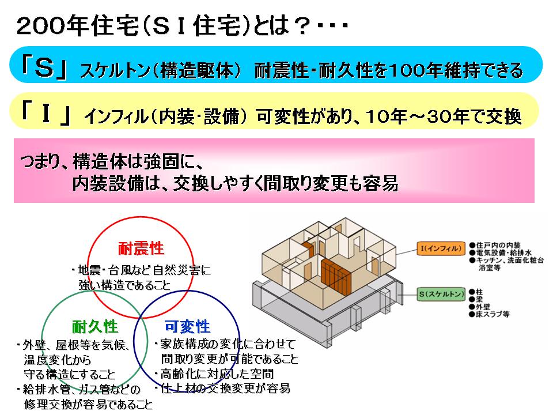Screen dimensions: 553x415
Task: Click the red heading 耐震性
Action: pos(141,248)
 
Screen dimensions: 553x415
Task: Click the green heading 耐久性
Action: pos(95,326)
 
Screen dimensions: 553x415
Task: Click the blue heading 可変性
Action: pos(187,326)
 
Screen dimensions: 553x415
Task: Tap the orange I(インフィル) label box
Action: pos(441,248)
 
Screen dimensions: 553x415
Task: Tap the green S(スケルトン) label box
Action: pos(441,294)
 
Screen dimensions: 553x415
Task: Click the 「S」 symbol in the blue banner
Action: pos(44,68)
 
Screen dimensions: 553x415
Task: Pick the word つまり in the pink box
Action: pos(40,162)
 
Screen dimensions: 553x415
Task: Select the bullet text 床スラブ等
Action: pos(493,314)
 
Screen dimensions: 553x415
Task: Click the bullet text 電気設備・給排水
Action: pos(503,252)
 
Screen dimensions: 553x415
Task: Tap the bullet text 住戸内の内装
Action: pos(498,245)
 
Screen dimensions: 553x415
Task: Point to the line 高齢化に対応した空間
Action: pos(217,373)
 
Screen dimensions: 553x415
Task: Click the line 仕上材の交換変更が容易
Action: pos(225,388)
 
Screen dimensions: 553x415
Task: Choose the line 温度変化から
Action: pos(58,360)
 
